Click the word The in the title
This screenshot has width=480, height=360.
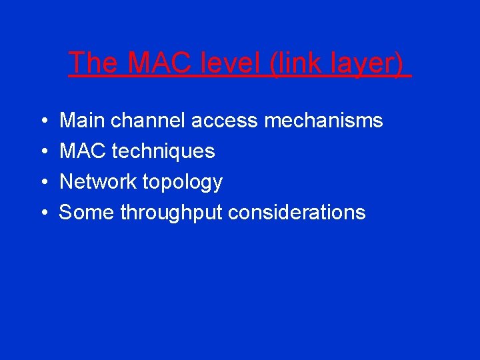coord(93,63)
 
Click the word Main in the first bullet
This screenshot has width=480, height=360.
coord(83,121)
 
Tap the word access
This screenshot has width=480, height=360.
coord(225,121)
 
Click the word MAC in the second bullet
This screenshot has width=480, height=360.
coord(83,151)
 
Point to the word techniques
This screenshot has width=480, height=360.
coord(163,152)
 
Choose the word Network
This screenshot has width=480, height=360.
coord(98,182)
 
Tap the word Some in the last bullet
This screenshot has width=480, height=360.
coord(87,213)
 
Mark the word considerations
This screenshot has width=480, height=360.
coord(297,213)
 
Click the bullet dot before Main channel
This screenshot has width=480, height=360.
coord(43,121)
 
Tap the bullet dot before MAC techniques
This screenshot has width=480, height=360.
coord(43,152)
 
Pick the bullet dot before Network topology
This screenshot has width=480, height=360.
coord(43,183)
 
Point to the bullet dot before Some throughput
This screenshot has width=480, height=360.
coord(43,213)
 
